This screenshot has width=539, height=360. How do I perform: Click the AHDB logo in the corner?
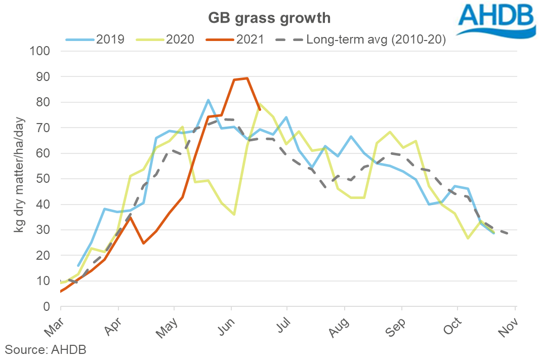[495, 20]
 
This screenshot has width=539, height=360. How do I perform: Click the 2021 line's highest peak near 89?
[246, 78]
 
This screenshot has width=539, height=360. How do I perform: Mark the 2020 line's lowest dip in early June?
[234, 215]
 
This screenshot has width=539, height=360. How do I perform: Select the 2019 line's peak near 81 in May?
[209, 100]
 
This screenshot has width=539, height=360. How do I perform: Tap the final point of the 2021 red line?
[260, 109]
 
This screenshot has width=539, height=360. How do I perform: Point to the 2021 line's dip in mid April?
[144, 244]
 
